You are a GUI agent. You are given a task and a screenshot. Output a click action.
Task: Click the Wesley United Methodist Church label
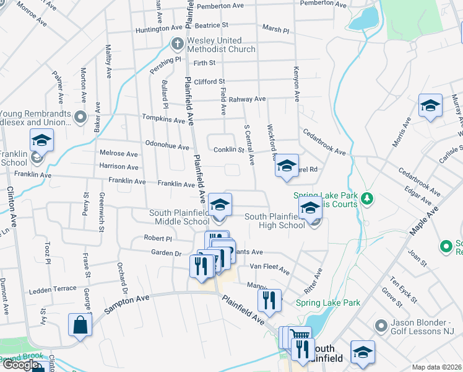click(x=221, y=45)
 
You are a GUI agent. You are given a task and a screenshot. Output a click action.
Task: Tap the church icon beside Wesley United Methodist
click(x=176, y=44)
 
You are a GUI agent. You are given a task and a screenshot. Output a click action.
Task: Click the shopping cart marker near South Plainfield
click(x=300, y=335)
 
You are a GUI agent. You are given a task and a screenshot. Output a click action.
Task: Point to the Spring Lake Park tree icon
click(x=368, y=198)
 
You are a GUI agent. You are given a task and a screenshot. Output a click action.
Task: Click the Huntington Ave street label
click(x=159, y=29)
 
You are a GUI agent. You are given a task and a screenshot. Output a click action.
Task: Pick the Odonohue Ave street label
click(x=167, y=147)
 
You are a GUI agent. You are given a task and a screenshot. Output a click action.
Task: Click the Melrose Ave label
click(x=119, y=154)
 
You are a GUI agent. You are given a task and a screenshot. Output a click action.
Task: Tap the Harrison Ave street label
click(x=119, y=167)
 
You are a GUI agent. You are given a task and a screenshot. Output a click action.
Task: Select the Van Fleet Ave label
click(x=269, y=268)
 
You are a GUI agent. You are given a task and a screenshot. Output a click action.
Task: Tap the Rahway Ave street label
click(x=247, y=99)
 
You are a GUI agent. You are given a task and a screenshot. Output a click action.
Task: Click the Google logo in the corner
click(x=20, y=365)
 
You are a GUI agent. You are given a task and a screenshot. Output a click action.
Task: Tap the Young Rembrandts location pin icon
click(x=80, y=117)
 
